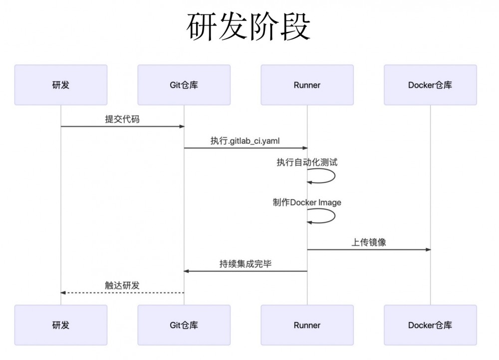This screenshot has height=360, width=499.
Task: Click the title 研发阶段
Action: (x=249, y=26)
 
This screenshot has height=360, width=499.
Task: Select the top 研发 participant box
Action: (x=61, y=85)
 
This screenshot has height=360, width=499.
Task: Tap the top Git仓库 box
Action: (x=184, y=85)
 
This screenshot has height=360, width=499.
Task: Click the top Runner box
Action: (x=307, y=85)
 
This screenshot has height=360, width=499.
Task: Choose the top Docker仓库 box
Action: (x=430, y=85)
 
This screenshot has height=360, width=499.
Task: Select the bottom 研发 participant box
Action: (x=61, y=325)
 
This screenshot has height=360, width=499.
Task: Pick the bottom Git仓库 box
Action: (x=184, y=325)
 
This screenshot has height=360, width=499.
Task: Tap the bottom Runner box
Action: (x=307, y=325)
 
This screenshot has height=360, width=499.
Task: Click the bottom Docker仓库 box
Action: (x=430, y=325)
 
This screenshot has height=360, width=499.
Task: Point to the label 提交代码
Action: (x=122, y=119)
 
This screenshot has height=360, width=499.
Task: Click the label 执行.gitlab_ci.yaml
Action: (x=245, y=141)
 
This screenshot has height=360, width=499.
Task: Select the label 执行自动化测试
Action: (x=307, y=162)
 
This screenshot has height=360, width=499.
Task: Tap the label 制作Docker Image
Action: (x=307, y=202)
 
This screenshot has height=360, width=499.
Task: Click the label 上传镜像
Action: (x=368, y=242)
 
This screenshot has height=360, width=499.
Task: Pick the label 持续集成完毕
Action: (x=245, y=264)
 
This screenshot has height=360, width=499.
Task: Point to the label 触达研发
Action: (x=122, y=285)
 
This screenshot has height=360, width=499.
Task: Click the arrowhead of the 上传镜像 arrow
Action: (x=427, y=249)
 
